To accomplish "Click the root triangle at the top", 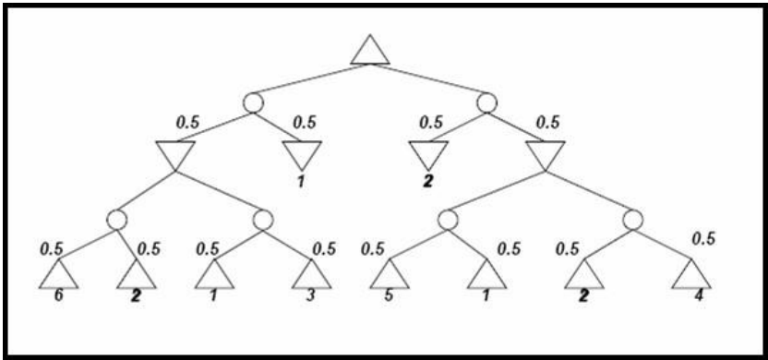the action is (370, 52).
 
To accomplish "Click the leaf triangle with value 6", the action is (59, 274).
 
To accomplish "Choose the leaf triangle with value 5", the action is (390, 274).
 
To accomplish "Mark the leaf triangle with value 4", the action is (690, 274).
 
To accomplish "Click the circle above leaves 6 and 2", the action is (116, 220).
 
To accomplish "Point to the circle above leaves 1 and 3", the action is (262, 220).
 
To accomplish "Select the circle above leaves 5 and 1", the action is (448, 220).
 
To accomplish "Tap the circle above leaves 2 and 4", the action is (633, 220).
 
